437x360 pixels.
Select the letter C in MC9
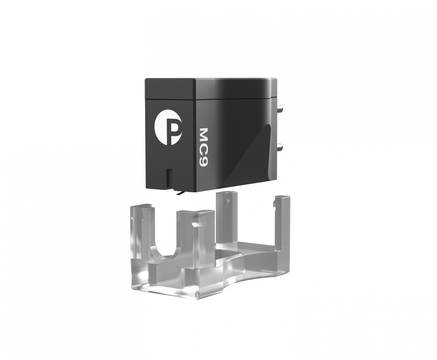(x=205, y=151)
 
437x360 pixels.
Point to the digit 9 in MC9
(x=205, y=163)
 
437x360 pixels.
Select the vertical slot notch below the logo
(x=169, y=178)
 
